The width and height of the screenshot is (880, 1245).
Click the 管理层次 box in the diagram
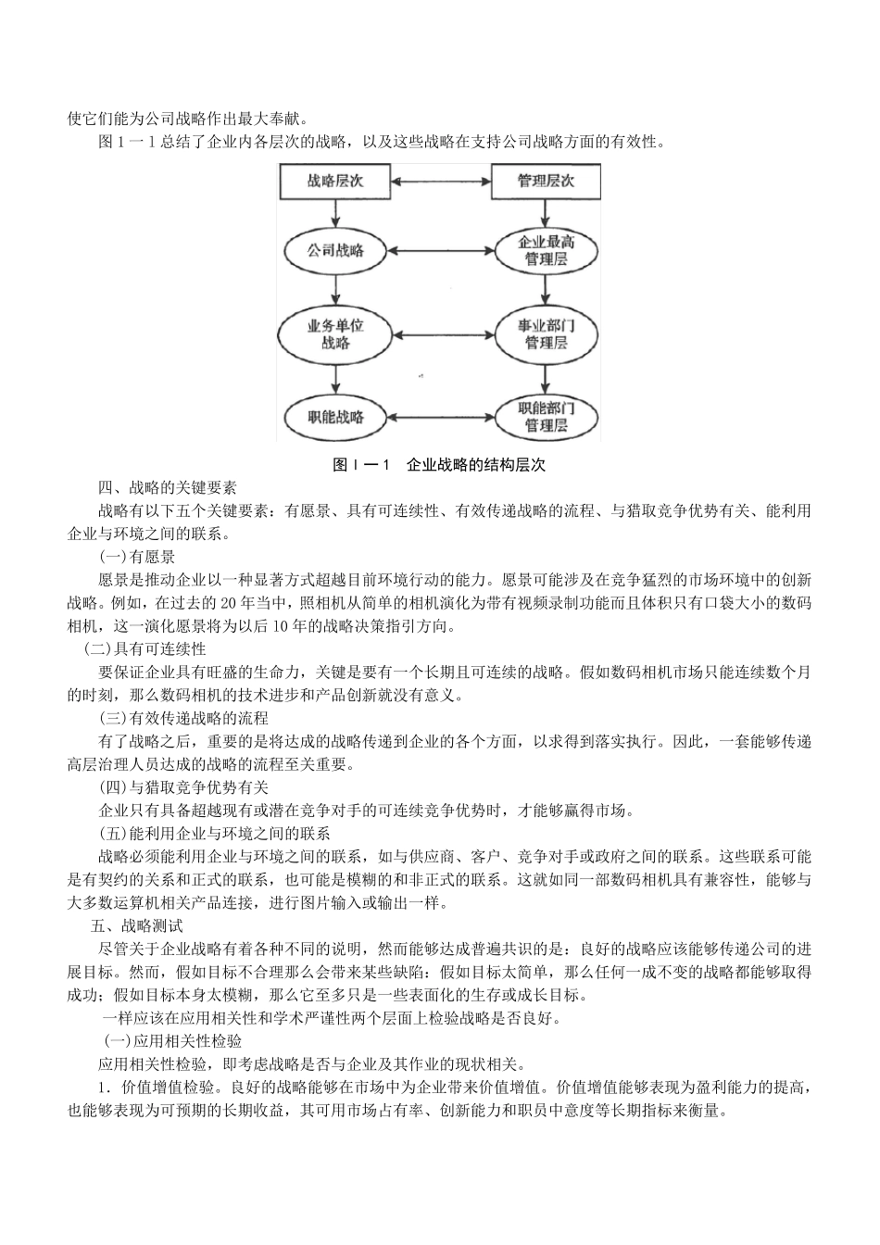(545, 182)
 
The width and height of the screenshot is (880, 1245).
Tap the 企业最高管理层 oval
(545, 251)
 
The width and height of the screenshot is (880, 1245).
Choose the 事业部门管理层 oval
(545, 334)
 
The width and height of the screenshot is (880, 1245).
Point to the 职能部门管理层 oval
(545, 416)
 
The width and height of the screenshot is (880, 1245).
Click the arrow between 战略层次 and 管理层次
(440, 182)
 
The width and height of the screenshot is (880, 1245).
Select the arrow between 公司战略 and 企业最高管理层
(440, 251)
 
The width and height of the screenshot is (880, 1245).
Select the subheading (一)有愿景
(137, 557)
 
